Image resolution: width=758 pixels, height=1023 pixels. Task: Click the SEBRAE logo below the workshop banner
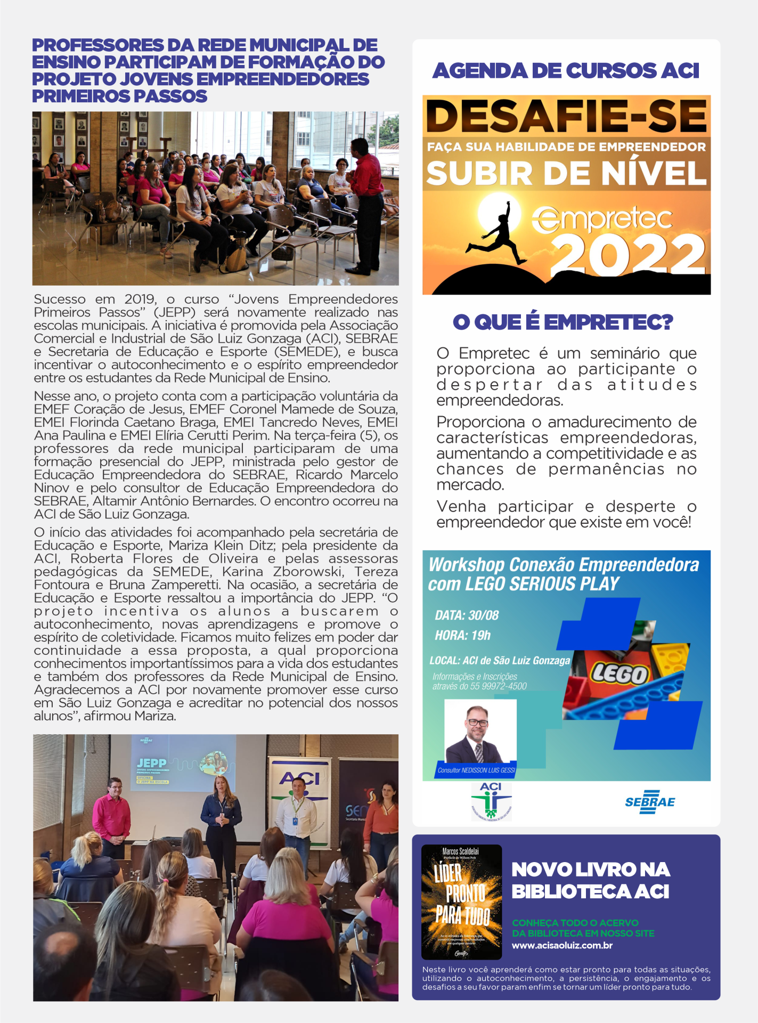pyautogui.click(x=649, y=802)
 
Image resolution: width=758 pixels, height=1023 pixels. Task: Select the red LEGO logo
pyautogui.click(x=620, y=674)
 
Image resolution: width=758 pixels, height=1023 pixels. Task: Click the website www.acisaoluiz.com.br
pyautogui.click(x=562, y=946)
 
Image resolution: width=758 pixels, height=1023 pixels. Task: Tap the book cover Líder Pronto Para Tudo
pyautogui.click(x=461, y=901)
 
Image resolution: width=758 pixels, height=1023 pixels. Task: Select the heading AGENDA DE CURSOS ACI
pyautogui.click(x=566, y=71)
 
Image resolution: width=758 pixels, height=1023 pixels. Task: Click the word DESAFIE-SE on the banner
pyautogui.click(x=566, y=116)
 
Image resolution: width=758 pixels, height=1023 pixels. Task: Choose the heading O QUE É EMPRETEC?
pyautogui.click(x=563, y=322)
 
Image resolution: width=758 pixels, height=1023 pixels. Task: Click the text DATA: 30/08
pyautogui.click(x=467, y=615)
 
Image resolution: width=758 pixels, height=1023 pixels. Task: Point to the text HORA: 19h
pyautogui.click(x=462, y=635)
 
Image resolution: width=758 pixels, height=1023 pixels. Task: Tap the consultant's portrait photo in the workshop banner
pyautogui.click(x=480, y=732)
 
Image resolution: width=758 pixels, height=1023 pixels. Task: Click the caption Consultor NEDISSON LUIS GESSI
pyautogui.click(x=476, y=770)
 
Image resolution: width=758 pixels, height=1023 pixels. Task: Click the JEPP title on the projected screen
pyautogui.click(x=151, y=764)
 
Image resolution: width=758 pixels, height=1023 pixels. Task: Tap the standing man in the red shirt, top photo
pyautogui.click(x=367, y=202)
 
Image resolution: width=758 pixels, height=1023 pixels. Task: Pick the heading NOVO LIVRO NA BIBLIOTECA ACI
pyautogui.click(x=590, y=880)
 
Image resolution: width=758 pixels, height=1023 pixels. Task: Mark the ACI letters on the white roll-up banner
pyautogui.click(x=300, y=778)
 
